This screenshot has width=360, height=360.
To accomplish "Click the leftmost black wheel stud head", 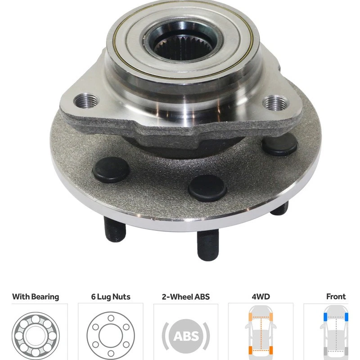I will (x=111, y=170).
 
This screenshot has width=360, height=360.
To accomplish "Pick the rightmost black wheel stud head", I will (x=279, y=144).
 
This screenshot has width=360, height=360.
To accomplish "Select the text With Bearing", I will (x=36, y=297).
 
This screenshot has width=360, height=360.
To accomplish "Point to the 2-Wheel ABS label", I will (x=186, y=297).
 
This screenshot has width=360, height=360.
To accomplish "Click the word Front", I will (x=336, y=297).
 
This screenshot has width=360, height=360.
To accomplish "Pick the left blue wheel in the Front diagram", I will (x=325, y=317).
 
